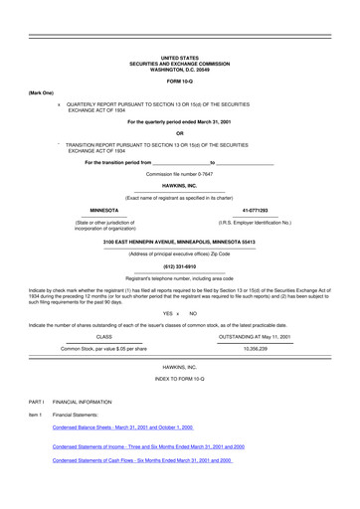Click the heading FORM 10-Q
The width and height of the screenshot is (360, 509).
pyautogui.click(x=179, y=82)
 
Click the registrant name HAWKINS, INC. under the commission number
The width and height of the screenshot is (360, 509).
pyautogui.click(x=179, y=184)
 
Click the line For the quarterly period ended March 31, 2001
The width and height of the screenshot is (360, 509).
pyautogui.click(x=179, y=120)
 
